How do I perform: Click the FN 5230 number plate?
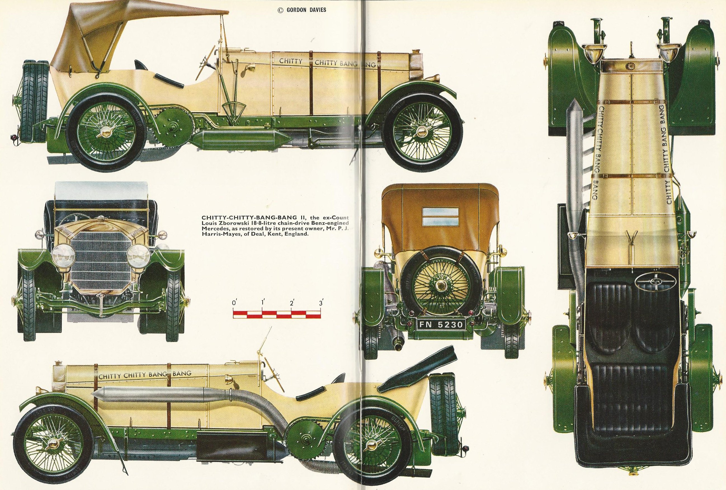[x=441, y=334]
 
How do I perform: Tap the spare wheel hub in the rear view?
[x=441, y=285]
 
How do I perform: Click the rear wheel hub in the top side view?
[x=105, y=132]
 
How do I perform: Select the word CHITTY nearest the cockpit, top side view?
[x=291, y=61]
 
